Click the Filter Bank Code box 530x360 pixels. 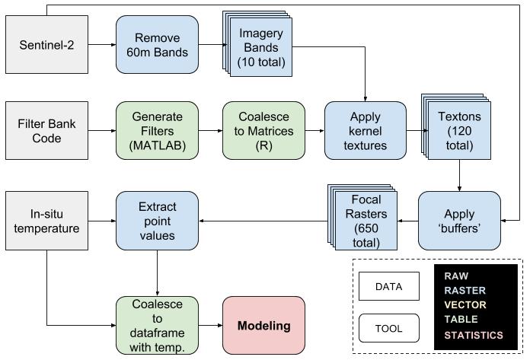click(46, 129)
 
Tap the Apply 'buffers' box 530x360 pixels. click(460, 221)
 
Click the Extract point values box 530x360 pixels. click(157, 221)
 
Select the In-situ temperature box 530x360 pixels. click(46, 221)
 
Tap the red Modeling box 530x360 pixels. click(263, 326)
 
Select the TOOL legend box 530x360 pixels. click(389, 329)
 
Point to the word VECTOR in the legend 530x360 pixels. click(466, 305)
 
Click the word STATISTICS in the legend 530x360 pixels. click(474, 336)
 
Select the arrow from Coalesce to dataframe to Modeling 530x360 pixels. click(210, 326)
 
